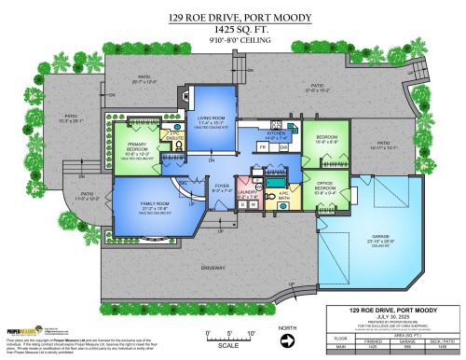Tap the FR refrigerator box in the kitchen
(262, 147)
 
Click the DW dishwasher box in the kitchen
(283, 147)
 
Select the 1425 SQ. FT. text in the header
(232, 30)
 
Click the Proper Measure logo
(21, 329)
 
